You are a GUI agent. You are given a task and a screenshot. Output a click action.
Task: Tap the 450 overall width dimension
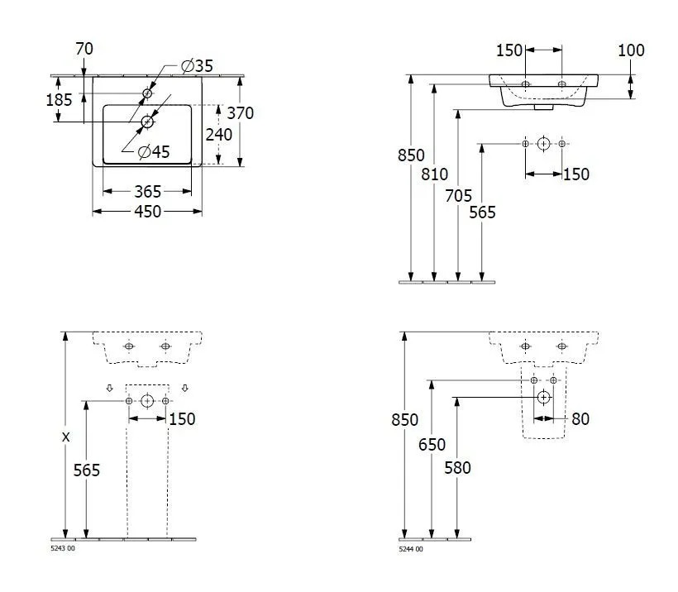(147, 212)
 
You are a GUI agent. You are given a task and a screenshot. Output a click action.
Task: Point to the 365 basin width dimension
(147, 192)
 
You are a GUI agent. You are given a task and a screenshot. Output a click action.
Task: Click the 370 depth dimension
(240, 113)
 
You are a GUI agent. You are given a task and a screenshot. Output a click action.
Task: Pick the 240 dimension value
(219, 134)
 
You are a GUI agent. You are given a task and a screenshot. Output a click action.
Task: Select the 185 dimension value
(59, 99)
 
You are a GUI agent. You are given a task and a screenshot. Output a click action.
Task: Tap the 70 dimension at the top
(84, 49)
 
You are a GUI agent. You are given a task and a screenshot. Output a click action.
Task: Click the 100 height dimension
(631, 50)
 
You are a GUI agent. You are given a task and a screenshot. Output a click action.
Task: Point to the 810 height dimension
(434, 174)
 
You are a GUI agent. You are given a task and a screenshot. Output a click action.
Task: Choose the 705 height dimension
(458, 196)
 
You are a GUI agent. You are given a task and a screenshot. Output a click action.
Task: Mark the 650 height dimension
(431, 444)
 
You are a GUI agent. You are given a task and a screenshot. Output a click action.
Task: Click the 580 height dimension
(456, 468)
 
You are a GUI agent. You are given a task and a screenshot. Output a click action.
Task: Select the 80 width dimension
(580, 419)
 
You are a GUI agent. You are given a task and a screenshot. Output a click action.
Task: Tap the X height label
(64, 437)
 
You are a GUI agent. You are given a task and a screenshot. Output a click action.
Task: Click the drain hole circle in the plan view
(148, 122)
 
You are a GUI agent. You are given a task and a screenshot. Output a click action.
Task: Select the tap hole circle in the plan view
(148, 93)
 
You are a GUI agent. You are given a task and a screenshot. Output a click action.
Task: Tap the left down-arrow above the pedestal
(109, 388)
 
